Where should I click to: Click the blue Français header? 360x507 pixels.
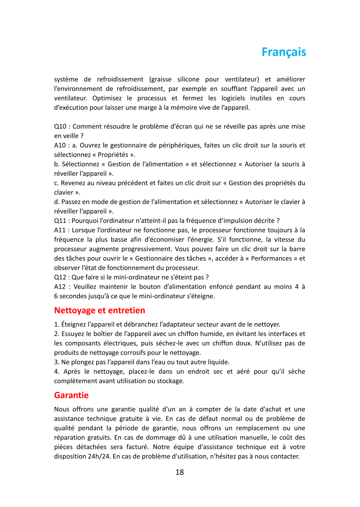point(284,52)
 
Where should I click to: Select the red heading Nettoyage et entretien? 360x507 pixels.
point(100,310)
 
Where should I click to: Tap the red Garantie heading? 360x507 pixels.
point(71,395)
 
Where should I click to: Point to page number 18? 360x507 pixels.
point(180,472)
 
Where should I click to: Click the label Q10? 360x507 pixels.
point(61,126)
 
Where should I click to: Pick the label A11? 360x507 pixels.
point(61,230)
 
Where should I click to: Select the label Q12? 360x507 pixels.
point(61,277)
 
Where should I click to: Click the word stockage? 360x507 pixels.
point(170,381)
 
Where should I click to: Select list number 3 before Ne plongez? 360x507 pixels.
point(57,362)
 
